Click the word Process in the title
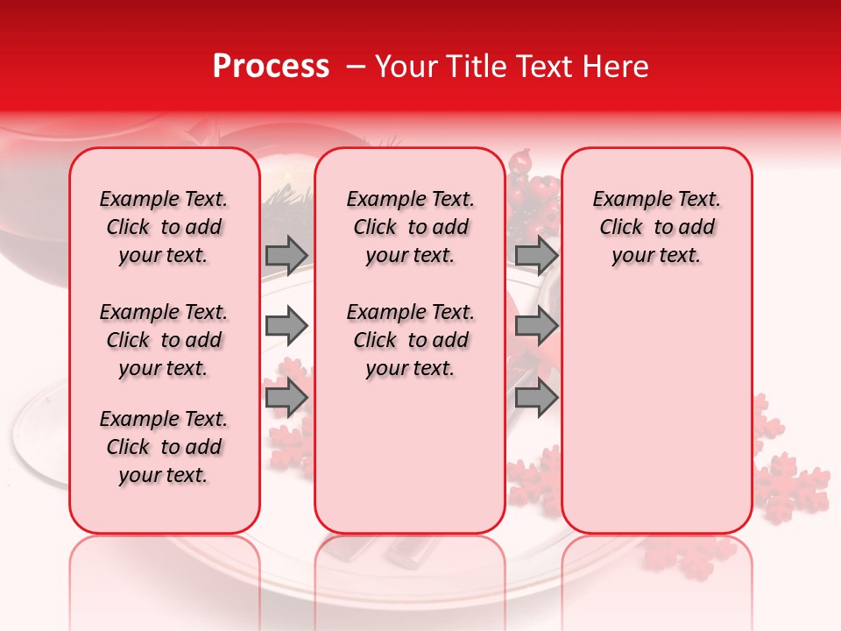click(x=271, y=67)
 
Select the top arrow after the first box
click(x=286, y=255)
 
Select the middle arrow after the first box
click(x=286, y=327)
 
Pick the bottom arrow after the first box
click(x=286, y=398)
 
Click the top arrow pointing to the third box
click(x=535, y=255)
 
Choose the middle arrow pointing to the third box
click(x=535, y=327)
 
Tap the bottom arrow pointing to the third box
click(x=535, y=398)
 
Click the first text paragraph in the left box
click(x=164, y=227)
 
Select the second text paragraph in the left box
click(x=164, y=340)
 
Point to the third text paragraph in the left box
click(x=164, y=447)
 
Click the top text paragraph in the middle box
click(x=411, y=227)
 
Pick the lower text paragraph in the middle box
click(x=411, y=340)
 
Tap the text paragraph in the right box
click(x=657, y=227)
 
